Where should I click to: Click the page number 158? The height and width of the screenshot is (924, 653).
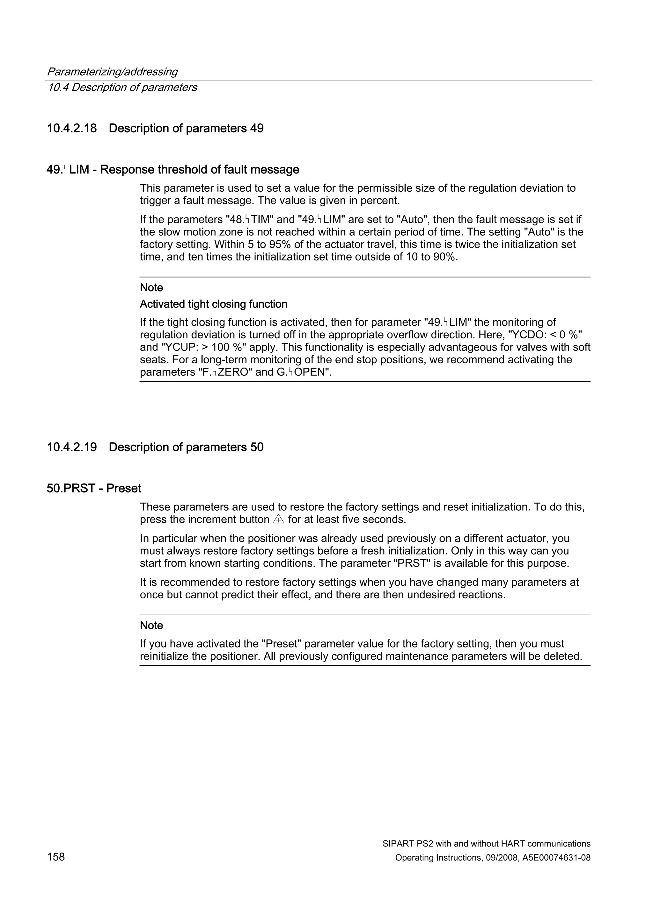(56, 857)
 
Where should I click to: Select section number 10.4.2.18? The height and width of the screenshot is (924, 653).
(72, 129)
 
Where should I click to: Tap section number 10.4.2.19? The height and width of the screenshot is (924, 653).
(72, 447)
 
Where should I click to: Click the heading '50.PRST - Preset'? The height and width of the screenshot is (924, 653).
(94, 488)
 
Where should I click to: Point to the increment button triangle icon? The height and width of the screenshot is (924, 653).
(278, 519)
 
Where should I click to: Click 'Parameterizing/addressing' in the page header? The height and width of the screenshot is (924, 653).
(112, 72)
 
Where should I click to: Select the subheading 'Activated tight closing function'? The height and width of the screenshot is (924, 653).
(213, 304)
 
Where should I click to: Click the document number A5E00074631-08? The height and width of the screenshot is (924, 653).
(556, 858)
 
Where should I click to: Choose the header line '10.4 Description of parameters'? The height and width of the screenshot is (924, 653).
(122, 87)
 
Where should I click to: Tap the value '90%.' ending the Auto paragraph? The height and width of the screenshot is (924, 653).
(446, 257)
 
